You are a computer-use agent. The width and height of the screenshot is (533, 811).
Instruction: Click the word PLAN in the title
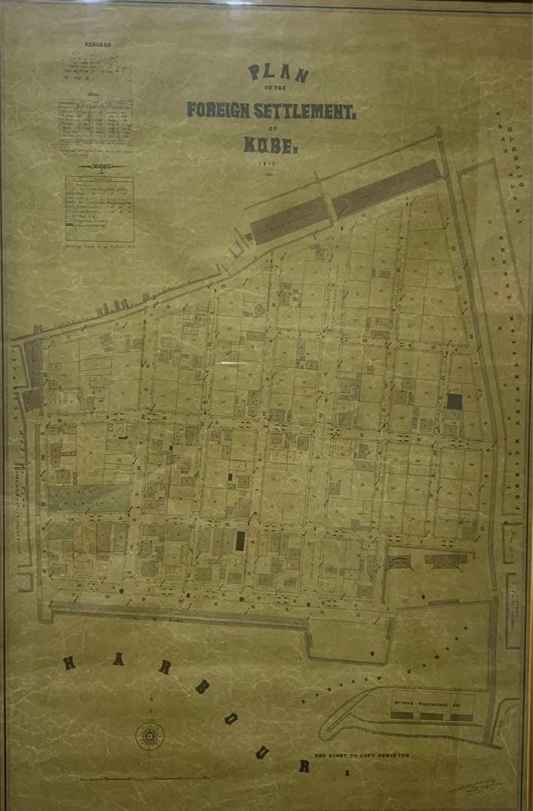click(278, 74)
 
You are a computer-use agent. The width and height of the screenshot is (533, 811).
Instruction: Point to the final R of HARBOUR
click(304, 765)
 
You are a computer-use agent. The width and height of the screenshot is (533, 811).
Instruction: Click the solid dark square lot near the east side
click(454, 401)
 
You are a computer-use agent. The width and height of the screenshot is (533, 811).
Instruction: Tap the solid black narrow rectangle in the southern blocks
click(241, 540)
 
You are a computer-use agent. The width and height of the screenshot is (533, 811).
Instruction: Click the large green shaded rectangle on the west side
click(89, 498)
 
